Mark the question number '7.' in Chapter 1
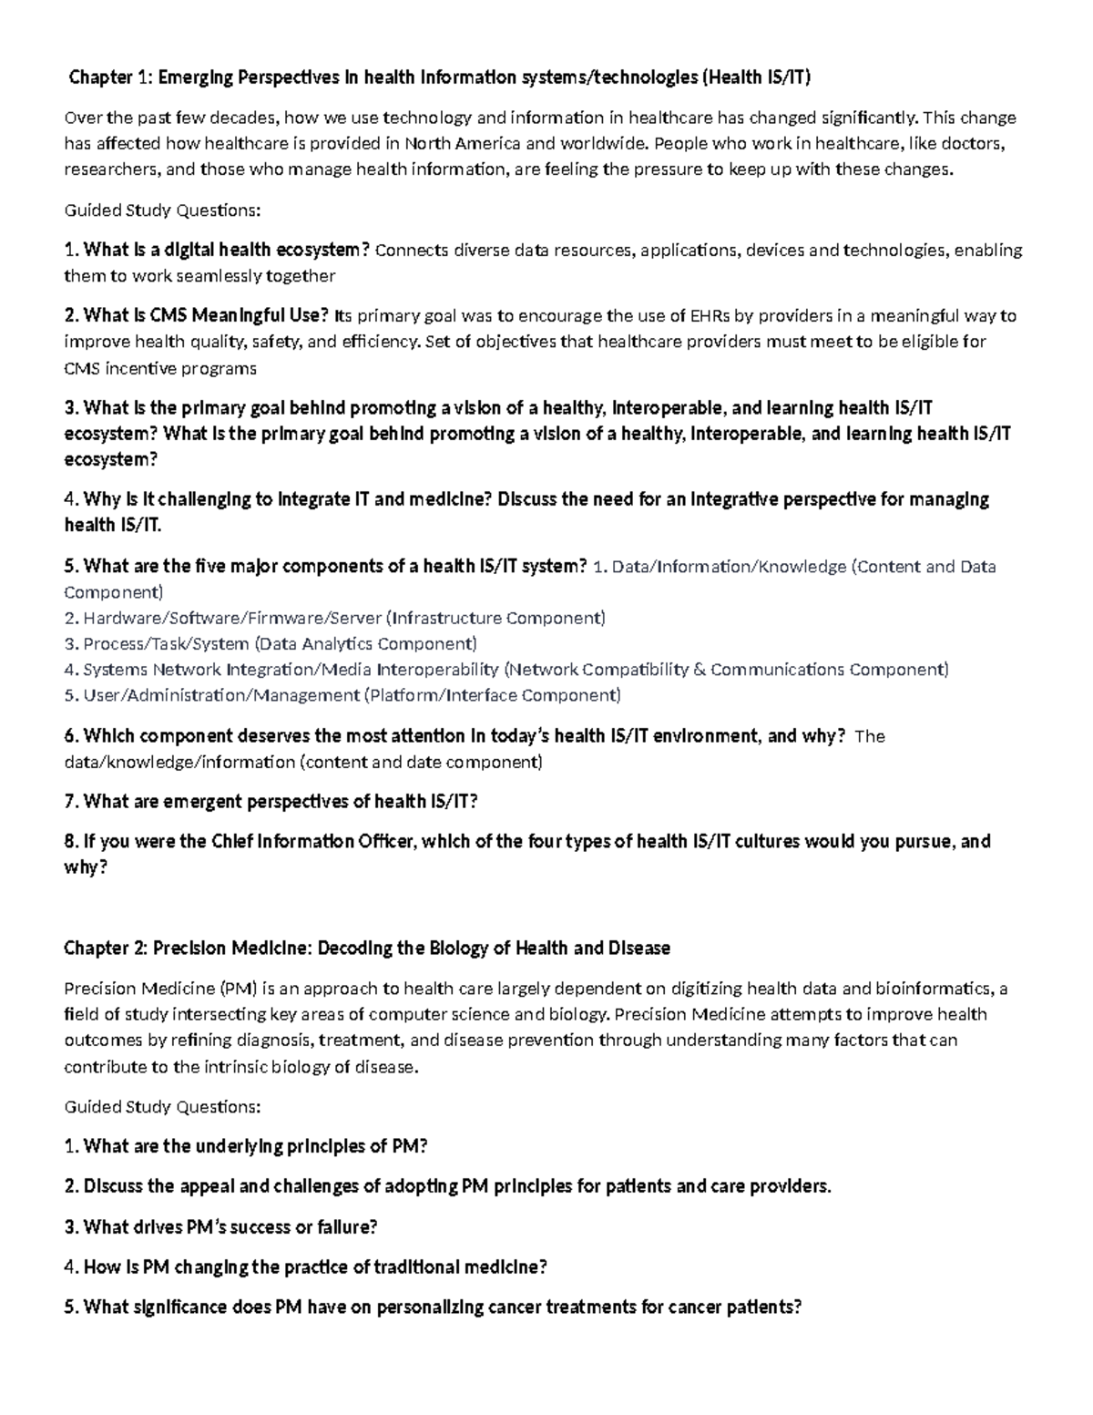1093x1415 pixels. point(71,802)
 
